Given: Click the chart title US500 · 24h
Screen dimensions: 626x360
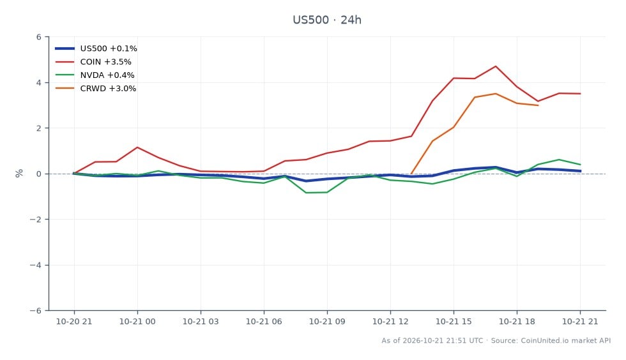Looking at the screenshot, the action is point(327,20).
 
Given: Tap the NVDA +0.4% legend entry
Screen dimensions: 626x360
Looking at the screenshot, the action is point(95,75).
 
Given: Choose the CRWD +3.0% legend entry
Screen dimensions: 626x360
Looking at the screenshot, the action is point(95,89).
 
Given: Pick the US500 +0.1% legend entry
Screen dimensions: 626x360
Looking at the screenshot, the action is point(96,49).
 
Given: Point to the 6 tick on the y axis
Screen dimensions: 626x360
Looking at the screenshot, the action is point(39,37).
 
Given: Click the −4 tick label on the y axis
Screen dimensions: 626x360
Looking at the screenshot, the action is point(36,265).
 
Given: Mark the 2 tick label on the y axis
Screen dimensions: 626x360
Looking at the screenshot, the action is point(39,128).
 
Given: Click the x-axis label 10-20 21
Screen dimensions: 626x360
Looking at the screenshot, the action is point(74,321).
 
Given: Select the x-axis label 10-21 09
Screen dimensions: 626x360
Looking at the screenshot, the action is point(327,321).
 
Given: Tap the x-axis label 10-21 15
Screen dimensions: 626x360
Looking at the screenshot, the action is point(454,321).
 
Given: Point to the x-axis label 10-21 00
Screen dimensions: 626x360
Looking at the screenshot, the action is point(137,321).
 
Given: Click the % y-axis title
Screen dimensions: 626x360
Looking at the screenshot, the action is point(19,173).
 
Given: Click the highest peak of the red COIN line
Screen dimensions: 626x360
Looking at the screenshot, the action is point(496,66).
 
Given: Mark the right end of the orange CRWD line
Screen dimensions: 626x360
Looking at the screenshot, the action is point(538,105).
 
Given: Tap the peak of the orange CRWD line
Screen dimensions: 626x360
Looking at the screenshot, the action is point(496,94).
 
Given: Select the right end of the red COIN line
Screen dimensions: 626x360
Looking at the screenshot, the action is point(580,94).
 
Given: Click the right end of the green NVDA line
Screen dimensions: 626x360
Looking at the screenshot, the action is point(580,165).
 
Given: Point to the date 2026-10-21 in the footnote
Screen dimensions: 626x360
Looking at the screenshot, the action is point(424,340).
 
